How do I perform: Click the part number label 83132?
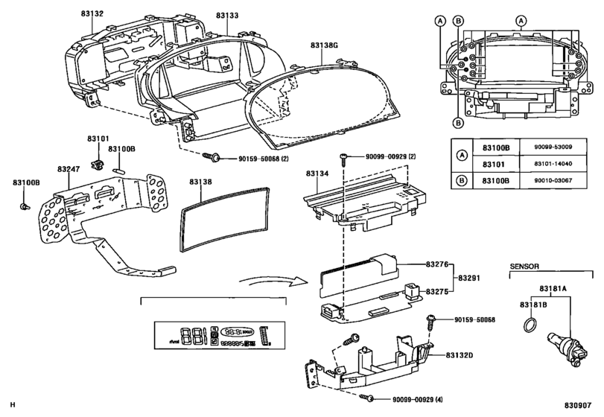point(92,13)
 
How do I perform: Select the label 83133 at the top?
point(227,16)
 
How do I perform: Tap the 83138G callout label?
point(324,45)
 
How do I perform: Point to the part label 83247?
point(69,169)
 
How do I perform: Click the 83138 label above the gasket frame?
point(200,182)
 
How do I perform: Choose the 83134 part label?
point(317,174)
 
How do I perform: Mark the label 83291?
point(468,278)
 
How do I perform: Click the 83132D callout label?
point(460,355)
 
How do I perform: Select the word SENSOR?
point(524,267)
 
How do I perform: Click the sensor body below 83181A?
point(567,346)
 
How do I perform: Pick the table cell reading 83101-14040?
point(553,164)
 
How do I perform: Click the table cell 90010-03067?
point(553,181)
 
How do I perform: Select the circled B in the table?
point(462,180)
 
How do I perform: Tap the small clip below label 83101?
point(97,165)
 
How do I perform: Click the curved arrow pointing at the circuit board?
point(273,281)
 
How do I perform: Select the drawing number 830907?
point(578,405)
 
